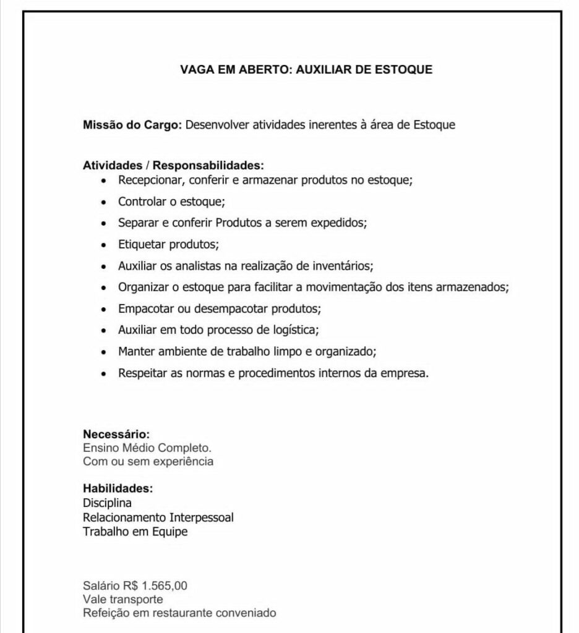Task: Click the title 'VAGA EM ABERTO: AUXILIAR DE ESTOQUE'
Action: (x=306, y=70)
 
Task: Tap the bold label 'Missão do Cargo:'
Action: (x=132, y=125)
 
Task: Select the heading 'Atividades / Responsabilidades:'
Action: (x=173, y=166)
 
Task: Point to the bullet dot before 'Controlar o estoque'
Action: (x=103, y=202)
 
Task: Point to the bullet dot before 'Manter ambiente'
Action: (x=103, y=352)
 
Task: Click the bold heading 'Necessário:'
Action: (x=116, y=435)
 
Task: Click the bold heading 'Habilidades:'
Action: (x=118, y=489)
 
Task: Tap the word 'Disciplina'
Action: (x=107, y=503)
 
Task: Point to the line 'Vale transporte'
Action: (x=122, y=599)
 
